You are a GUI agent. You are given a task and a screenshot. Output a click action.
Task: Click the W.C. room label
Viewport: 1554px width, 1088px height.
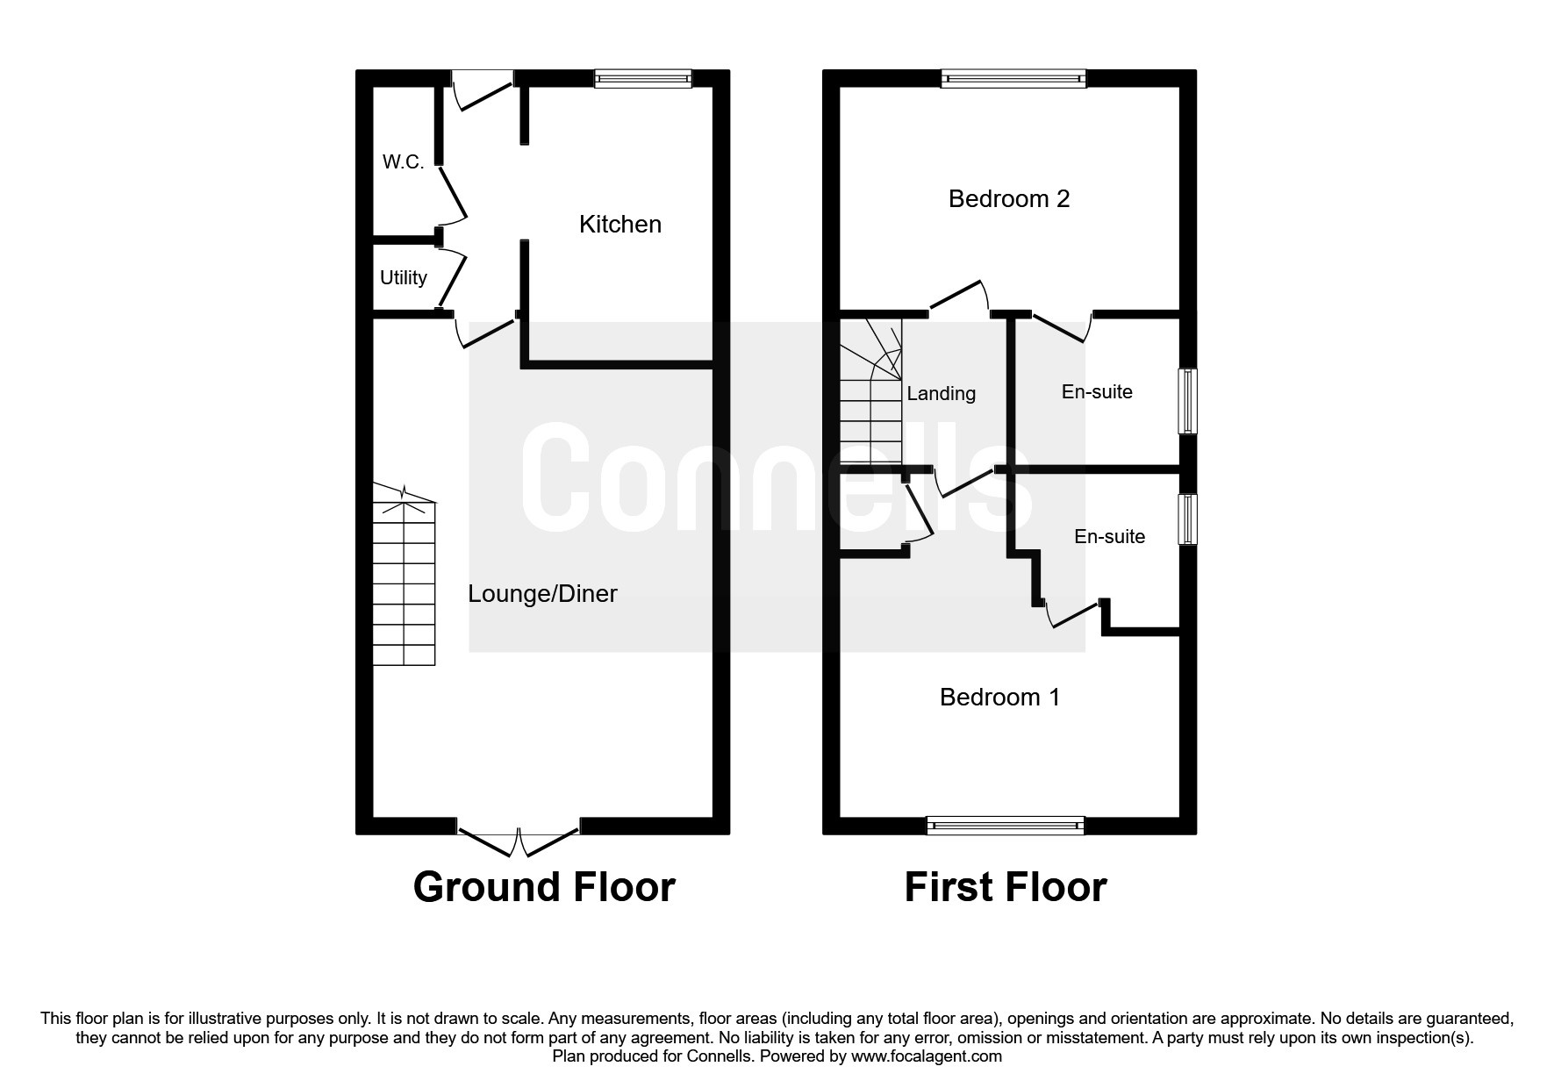[403, 162]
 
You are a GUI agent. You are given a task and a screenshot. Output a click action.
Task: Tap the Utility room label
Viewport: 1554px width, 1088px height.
[403, 278]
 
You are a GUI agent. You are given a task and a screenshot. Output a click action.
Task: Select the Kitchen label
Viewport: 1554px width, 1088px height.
[619, 225]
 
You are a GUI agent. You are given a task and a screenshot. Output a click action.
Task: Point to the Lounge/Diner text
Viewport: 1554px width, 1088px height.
[542, 594]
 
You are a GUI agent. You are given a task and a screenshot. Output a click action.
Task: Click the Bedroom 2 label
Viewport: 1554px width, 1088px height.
[1008, 199]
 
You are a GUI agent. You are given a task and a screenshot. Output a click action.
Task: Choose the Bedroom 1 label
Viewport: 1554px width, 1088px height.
[999, 698]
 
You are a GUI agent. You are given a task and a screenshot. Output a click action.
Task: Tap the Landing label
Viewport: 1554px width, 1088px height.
[941, 394]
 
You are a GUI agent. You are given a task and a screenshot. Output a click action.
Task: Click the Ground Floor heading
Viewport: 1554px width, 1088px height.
[543, 887]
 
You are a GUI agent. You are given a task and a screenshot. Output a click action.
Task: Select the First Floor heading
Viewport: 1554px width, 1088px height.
[1005, 887]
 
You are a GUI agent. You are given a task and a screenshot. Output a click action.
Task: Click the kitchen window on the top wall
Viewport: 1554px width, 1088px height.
[642, 79]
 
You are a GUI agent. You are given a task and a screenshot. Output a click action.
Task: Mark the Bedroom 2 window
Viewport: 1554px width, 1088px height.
[1013, 79]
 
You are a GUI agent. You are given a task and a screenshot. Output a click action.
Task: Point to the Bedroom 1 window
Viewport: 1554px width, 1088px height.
[1005, 825]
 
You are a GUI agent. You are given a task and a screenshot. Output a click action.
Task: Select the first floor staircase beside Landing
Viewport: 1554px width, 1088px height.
[870, 399]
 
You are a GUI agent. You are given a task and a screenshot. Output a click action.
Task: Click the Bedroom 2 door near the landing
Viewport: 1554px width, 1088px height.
[958, 297]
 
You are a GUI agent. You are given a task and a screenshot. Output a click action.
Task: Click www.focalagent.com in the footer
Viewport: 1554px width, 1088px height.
[926, 1056]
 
